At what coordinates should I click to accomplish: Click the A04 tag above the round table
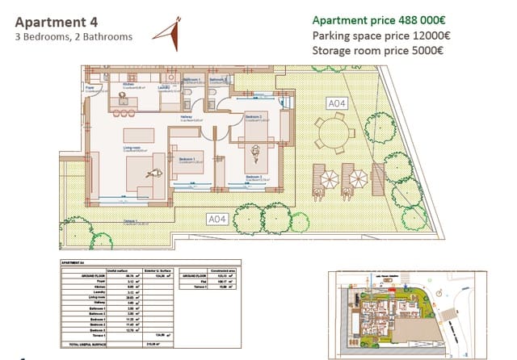click(x=336, y=103)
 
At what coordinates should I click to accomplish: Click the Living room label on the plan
click(x=132, y=148)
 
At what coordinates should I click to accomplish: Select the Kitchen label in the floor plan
click(x=128, y=83)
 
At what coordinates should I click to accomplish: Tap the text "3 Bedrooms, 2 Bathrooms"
click(x=74, y=36)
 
